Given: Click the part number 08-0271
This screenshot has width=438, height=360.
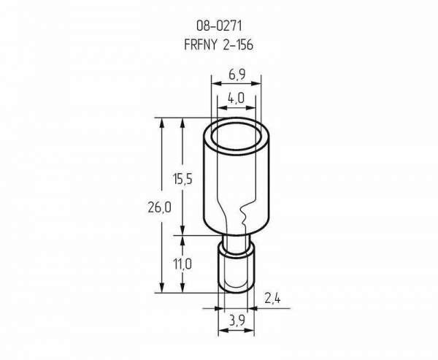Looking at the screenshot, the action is pyautogui.click(x=219, y=26).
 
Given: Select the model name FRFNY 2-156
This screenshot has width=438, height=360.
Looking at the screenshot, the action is pyautogui.click(x=219, y=45).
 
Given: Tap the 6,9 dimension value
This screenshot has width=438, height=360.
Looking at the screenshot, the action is pyautogui.click(x=237, y=74).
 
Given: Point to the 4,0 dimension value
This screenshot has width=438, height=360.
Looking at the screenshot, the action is pyautogui.click(x=237, y=98).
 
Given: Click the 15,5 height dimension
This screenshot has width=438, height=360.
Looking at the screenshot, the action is pyautogui.click(x=182, y=179).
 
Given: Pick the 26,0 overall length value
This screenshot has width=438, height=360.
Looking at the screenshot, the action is pyautogui.click(x=159, y=207).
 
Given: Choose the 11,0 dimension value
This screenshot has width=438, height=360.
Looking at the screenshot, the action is pyautogui.click(x=182, y=264).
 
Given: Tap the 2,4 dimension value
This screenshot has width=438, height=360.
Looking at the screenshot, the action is pyautogui.click(x=272, y=299).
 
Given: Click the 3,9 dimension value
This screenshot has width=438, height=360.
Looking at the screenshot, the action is pyautogui.click(x=237, y=321).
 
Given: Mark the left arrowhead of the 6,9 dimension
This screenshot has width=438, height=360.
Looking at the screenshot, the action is pyautogui.click(x=216, y=83).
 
